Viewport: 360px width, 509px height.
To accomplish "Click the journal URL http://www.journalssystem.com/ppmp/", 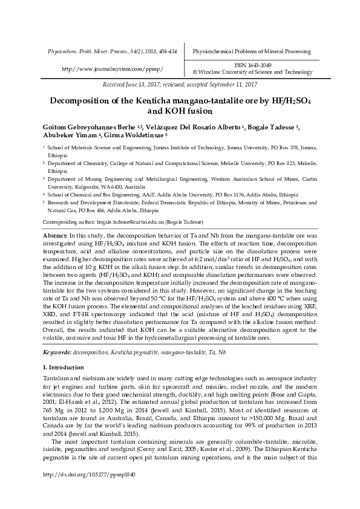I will pyautogui.click(x=113, y=70).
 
